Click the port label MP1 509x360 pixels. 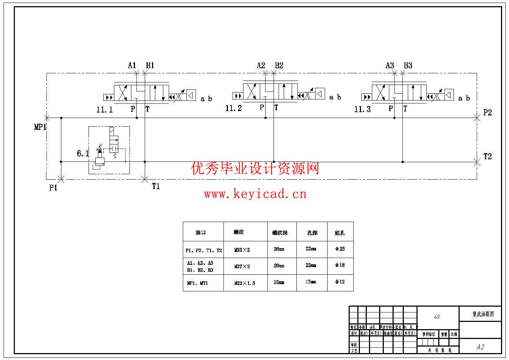(x=40, y=127)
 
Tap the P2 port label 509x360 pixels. (x=487, y=112)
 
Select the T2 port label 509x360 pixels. (x=487, y=156)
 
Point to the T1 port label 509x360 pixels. (x=156, y=186)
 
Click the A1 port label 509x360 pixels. (x=132, y=65)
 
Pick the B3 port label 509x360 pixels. (x=408, y=65)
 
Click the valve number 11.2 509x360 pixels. (x=233, y=108)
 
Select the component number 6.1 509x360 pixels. (x=83, y=154)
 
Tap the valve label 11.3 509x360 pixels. (x=362, y=109)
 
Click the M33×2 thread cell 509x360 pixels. (x=242, y=250)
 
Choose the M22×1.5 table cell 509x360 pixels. (x=245, y=283)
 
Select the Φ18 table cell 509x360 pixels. (x=340, y=265)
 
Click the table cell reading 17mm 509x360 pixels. (x=311, y=282)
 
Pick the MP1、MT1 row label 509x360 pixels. (x=197, y=283)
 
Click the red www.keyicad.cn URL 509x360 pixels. (x=255, y=194)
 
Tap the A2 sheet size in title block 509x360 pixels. (x=480, y=347)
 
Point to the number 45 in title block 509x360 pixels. (x=437, y=317)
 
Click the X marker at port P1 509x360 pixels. (x=61, y=179)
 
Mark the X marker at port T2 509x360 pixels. (x=477, y=162)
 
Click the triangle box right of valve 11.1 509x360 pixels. (x=191, y=95)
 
